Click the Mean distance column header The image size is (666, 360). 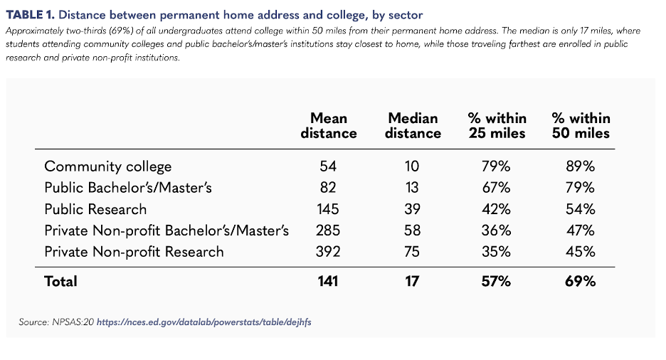click(329, 125)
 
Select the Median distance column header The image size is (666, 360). click(413, 125)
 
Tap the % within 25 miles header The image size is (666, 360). click(497, 125)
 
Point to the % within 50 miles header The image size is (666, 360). click(581, 125)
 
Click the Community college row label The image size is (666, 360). click(108, 166)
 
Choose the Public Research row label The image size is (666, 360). click(95, 209)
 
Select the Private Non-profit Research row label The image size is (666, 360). click(134, 252)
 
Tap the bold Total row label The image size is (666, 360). click(60, 281)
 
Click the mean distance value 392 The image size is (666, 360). click(329, 252)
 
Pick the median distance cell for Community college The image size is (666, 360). click(413, 166)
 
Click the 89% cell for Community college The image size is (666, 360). click(581, 166)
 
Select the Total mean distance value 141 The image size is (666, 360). click(328, 281)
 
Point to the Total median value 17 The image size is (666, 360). click(413, 281)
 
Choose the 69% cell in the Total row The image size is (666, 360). click(581, 281)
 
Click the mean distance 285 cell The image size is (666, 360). click(329, 231)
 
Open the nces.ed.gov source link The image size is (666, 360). click(203, 322)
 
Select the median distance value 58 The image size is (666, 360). click(413, 231)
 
